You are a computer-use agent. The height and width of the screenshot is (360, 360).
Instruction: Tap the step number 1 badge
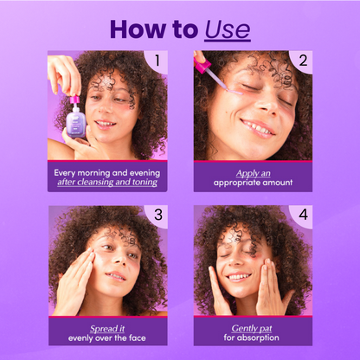[157, 61]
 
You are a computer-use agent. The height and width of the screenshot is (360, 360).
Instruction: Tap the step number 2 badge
[302, 61]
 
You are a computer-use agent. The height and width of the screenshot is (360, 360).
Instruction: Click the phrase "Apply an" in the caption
[253, 172]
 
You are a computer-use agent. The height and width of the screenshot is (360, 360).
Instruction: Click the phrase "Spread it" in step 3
[108, 328]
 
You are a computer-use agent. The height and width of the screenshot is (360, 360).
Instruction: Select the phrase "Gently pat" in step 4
[253, 328]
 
